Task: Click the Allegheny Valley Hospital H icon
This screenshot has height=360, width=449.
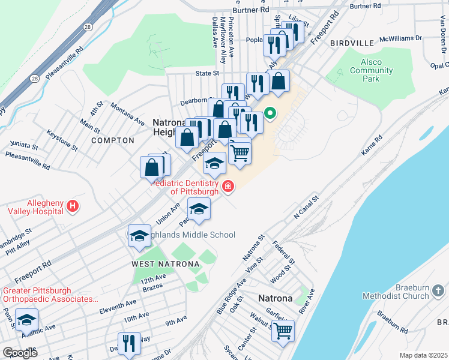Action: click(73, 207)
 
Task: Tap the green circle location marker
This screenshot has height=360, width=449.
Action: click(270, 112)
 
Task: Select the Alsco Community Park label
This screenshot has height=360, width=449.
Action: click(372, 70)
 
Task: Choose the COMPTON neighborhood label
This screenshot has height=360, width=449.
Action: click(113, 140)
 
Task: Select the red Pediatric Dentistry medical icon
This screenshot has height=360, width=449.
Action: click(228, 187)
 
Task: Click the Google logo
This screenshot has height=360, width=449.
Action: click(20, 353)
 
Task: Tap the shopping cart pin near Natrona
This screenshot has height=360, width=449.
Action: click(283, 329)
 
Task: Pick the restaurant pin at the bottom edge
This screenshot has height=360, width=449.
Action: click(129, 343)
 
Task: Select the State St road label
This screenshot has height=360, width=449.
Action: click(207, 73)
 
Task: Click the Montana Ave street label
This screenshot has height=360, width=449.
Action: click(127, 113)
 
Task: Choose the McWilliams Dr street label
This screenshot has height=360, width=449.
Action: click(402, 38)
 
